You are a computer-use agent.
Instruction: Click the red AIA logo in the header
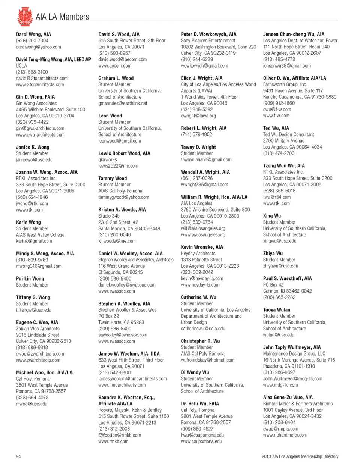25,16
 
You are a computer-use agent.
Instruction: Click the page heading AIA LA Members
62,17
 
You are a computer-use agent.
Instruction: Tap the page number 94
18,456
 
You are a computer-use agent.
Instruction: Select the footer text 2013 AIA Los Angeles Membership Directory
300,456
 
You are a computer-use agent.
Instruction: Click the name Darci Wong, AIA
33,34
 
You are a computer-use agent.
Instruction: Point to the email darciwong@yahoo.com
38,47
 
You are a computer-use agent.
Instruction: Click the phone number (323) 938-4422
32,122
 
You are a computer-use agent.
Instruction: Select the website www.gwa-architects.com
40,135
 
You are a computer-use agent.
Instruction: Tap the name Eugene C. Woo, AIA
37,322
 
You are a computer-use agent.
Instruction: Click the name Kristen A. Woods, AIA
122,210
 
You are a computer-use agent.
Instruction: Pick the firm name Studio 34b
109,216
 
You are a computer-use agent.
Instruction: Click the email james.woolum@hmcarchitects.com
132,379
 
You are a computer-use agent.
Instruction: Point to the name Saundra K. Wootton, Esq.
126,398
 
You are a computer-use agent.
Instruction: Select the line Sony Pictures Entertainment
208,41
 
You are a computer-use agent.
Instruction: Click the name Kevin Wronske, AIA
202,247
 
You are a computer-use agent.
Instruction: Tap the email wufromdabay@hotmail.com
207,360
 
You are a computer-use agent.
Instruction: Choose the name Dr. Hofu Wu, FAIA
199,404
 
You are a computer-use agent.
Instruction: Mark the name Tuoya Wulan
276,310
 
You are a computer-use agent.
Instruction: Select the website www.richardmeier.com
285,435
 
